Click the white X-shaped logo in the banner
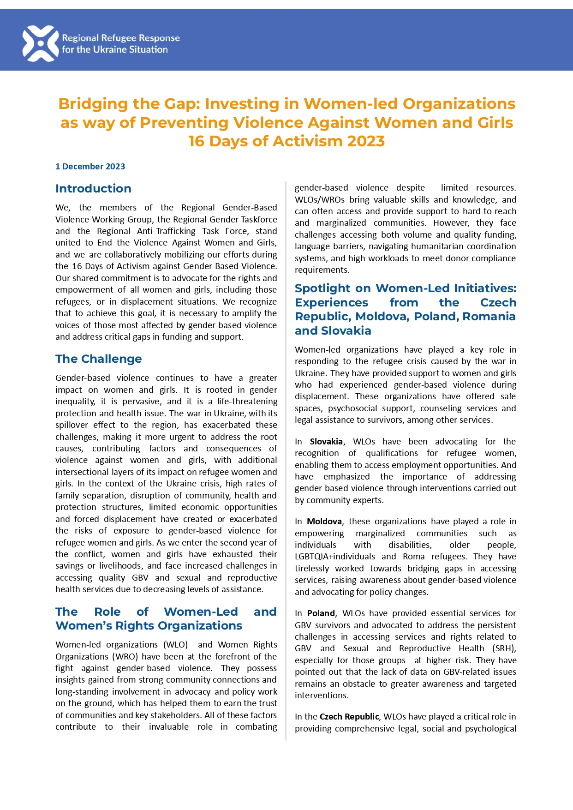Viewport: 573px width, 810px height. [40, 44]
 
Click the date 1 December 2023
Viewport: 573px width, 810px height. [90, 167]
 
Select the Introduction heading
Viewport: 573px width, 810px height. [93, 188]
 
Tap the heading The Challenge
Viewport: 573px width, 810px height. [98, 359]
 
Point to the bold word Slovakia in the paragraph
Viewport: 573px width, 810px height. [326, 442]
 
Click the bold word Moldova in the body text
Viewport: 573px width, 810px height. [324, 522]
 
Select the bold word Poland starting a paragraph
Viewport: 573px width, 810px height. [321, 613]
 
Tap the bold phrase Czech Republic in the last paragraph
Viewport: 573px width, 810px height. [349, 717]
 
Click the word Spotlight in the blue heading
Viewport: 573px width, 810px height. [322, 288]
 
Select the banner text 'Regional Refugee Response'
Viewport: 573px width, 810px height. [121, 38]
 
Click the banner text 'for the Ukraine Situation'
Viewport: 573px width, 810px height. [115, 50]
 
